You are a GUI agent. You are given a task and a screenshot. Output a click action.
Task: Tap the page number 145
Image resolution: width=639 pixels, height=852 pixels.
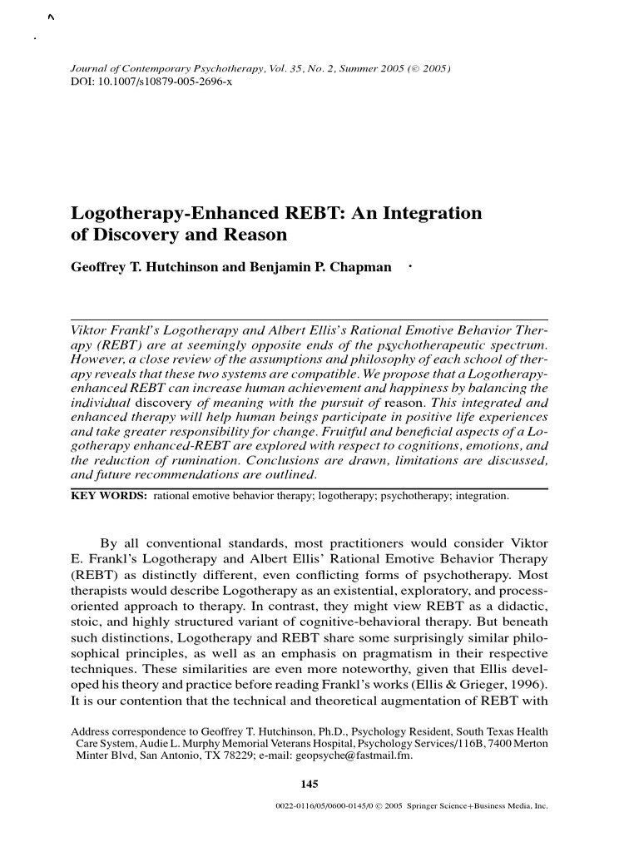click(310, 783)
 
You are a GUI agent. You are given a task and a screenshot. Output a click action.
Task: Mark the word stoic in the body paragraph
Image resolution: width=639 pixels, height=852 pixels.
click(88, 622)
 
